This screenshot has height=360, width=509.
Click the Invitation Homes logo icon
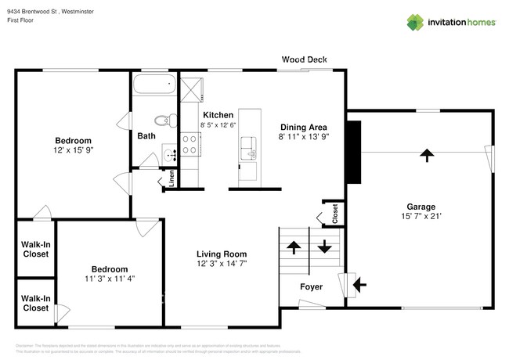(415, 22)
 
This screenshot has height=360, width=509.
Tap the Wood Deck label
(305, 59)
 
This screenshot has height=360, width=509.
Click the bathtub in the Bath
(154, 85)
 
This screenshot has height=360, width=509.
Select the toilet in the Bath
(162, 121)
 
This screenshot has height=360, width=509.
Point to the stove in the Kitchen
(190, 144)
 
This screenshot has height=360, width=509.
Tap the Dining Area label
(304, 127)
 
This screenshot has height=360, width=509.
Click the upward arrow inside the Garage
(427, 155)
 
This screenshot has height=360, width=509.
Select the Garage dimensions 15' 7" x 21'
(421, 217)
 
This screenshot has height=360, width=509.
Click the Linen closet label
(171, 180)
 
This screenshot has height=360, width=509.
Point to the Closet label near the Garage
(334, 213)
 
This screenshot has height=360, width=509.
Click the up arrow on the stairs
(294, 248)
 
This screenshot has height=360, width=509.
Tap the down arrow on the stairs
(323, 249)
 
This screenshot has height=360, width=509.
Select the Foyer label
(312, 286)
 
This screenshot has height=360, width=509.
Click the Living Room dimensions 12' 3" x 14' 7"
(222, 265)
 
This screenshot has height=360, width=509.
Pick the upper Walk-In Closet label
(36, 249)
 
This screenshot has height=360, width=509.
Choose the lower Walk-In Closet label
(36, 303)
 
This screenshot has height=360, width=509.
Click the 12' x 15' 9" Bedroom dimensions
(74, 149)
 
